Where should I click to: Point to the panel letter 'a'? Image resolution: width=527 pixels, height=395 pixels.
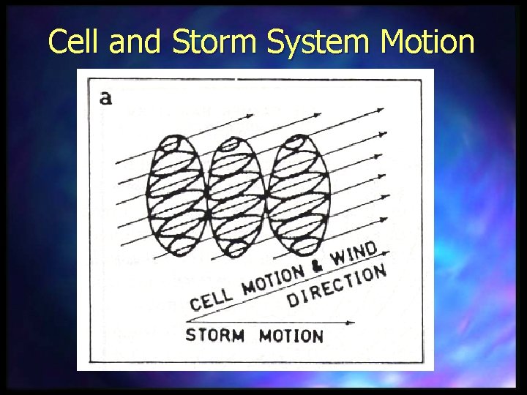105,97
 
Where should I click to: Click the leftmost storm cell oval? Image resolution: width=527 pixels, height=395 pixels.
176,195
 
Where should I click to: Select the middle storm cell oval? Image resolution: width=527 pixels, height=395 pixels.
236,195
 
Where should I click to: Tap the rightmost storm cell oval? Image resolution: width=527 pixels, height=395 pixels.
297,195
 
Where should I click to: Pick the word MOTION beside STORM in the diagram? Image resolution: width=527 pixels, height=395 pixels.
291,336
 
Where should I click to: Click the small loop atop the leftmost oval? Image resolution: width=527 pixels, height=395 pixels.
173,143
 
